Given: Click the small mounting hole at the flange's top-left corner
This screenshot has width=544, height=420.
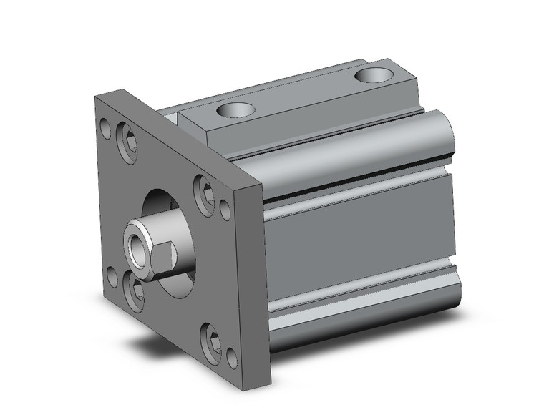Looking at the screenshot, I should [x=106, y=130].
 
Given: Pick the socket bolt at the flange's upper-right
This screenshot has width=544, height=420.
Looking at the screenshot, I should [x=205, y=192].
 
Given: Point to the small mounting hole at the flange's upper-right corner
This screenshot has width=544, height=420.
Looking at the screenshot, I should [x=224, y=209].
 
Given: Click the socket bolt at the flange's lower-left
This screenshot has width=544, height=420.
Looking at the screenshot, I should [x=133, y=290].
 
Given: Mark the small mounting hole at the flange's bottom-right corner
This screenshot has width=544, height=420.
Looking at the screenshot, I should [x=231, y=356].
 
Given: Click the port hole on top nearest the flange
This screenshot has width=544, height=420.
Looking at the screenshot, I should [x=235, y=109].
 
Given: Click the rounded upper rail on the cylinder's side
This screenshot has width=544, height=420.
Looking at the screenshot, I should [x=358, y=154].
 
